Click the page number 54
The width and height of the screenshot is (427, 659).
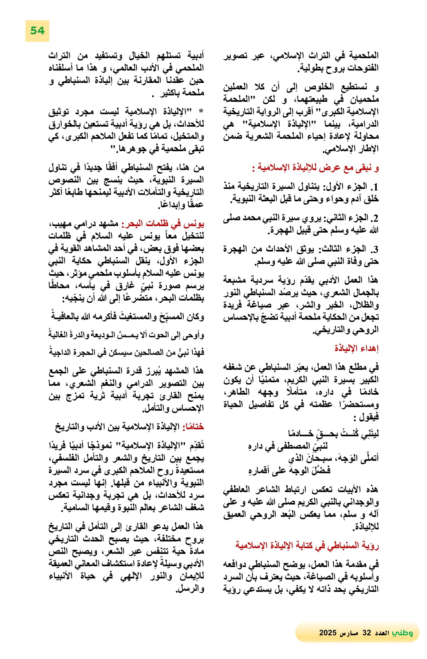(x=37, y=30)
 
